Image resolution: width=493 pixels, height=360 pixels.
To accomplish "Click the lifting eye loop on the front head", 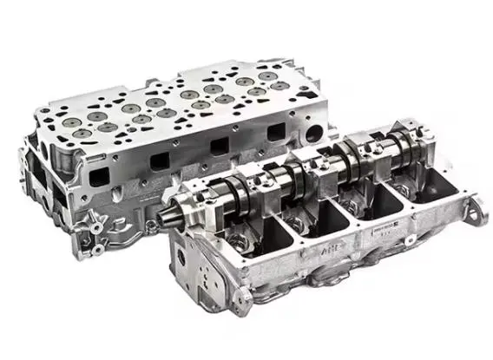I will [x=477, y=207].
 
